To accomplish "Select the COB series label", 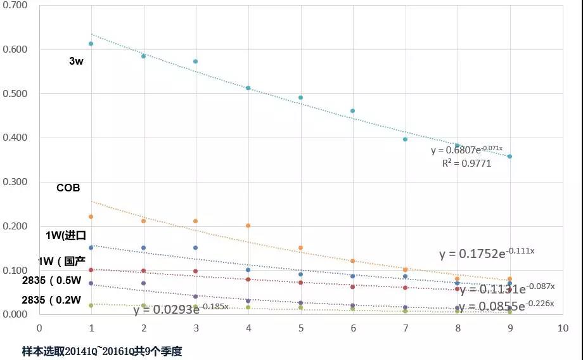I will click(x=68, y=188).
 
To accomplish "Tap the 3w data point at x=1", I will click(x=91, y=44).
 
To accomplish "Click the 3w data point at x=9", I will click(x=509, y=156).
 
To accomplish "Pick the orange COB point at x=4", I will click(x=248, y=226).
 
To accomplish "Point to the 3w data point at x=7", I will click(x=405, y=139).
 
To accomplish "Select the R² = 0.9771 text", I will click(x=466, y=163).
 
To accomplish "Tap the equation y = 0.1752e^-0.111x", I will click(x=487, y=254).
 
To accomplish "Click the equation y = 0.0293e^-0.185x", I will click(x=181, y=309).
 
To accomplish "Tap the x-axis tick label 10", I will click(x=562, y=328).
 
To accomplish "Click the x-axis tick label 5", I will click(x=300, y=328).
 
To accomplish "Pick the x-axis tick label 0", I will click(x=39, y=328).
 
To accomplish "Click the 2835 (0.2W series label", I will click(x=51, y=300).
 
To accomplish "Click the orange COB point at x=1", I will click(x=91, y=217).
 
